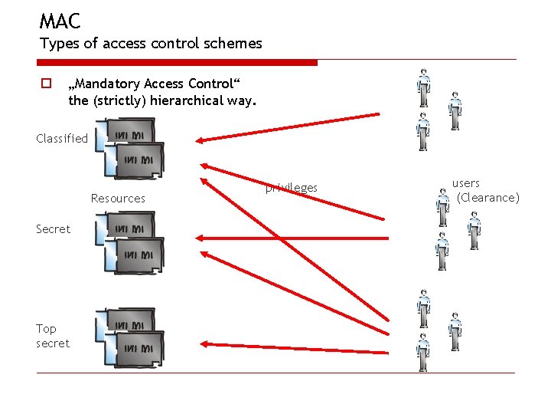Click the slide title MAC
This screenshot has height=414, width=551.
60,21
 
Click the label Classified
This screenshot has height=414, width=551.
62,139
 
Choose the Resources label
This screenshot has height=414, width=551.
118,199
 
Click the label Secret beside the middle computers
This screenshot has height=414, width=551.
53,229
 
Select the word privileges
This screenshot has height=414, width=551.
292,189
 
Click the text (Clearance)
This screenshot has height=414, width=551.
487,198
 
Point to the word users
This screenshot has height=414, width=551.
466,183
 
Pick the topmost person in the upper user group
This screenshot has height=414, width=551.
423,88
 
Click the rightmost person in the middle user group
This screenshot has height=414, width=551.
474,230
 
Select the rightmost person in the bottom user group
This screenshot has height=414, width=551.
455,331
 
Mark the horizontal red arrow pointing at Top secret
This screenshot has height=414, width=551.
291,346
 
